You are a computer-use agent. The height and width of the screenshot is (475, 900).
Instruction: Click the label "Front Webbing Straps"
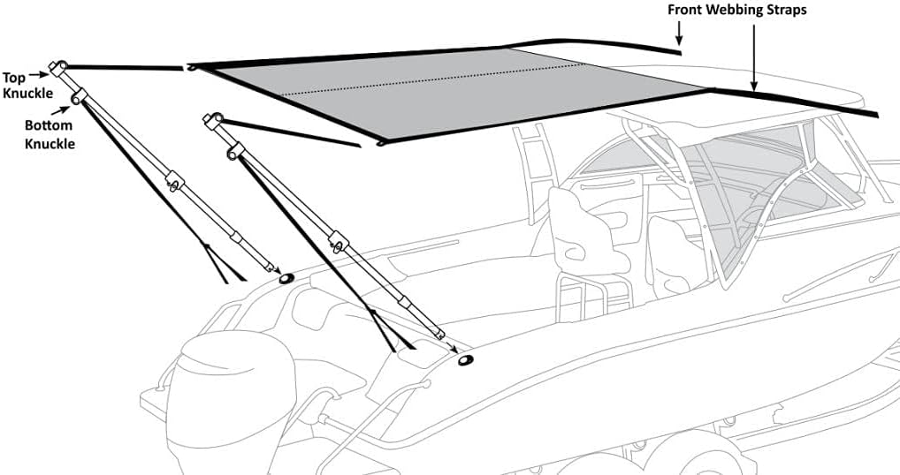point(737,11)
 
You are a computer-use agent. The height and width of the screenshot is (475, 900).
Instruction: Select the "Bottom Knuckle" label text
point(50,135)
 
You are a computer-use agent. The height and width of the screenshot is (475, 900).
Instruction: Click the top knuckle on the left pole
point(58,68)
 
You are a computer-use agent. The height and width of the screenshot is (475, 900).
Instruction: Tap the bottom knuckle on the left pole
point(78,97)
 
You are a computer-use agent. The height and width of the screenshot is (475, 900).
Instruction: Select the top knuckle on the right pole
point(212,121)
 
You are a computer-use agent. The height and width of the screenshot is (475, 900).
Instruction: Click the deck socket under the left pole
point(286,278)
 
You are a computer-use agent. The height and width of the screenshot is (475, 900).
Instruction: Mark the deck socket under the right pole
point(466,360)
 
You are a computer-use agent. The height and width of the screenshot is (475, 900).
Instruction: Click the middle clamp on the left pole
point(174,182)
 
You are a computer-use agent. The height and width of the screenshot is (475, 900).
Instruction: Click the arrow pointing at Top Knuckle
point(37,74)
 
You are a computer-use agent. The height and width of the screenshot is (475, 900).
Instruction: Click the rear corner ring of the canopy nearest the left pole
point(192,68)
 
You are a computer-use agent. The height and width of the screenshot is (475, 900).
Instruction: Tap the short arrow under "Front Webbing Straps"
point(679,33)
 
